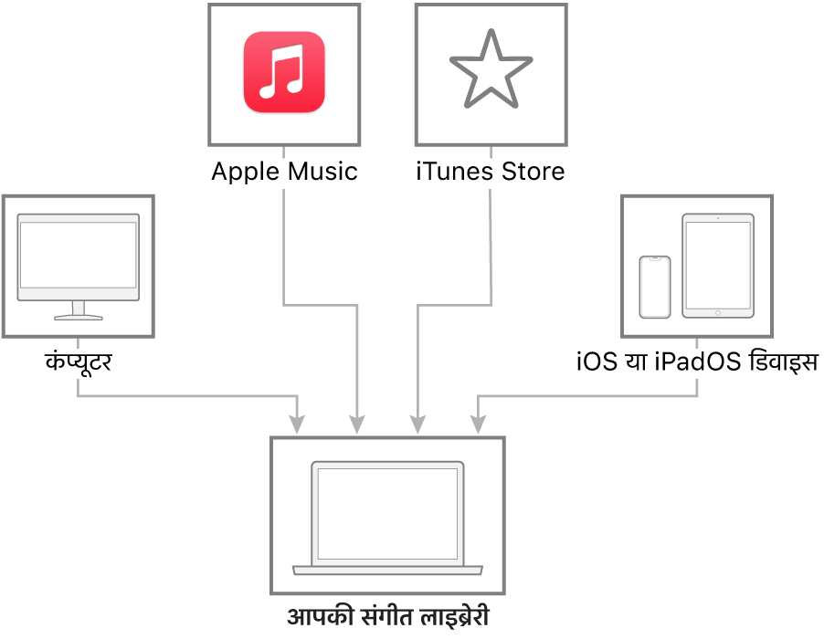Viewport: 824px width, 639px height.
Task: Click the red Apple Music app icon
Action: click(x=284, y=72)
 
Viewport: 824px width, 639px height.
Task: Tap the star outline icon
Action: click(x=491, y=69)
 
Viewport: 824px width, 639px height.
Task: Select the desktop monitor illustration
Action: click(x=79, y=265)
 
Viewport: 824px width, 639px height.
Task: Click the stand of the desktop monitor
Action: click(x=79, y=311)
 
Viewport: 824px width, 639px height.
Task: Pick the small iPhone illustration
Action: click(x=654, y=287)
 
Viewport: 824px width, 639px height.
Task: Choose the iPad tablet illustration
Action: click(x=718, y=266)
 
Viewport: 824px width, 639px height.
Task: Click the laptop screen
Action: click(x=387, y=514)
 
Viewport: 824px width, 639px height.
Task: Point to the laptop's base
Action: click(x=387, y=571)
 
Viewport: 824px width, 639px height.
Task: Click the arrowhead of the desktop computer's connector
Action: click(x=297, y=424)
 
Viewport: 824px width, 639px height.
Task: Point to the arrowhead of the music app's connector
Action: click(x=357, y=424)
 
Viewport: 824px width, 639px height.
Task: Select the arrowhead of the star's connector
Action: click(x=417, y=424)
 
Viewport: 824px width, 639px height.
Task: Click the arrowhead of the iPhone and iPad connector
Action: click(x=478, y=424)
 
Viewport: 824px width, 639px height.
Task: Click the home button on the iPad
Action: click(x=718, y=312)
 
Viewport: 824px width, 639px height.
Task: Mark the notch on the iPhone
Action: click(x=654, y=259)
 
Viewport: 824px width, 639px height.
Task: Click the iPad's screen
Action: click(x=718, y=265)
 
